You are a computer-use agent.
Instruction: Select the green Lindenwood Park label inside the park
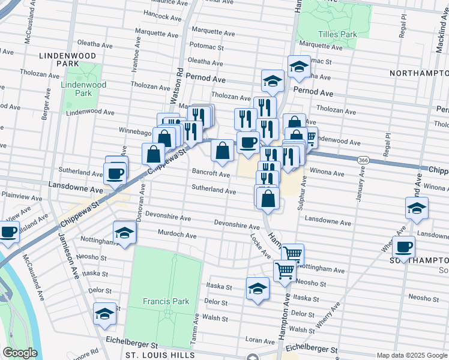[83, 89]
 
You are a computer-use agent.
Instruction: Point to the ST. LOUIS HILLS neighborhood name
[158, 355]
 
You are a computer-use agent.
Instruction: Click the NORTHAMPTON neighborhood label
[418, 73]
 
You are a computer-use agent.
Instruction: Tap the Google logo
[20, 353]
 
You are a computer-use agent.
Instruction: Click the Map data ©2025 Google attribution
[411, 355]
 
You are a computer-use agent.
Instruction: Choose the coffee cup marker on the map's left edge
[8, 232]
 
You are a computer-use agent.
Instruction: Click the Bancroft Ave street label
[211, 174]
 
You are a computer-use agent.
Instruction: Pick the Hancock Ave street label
[162, 17]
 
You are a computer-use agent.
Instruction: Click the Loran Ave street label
[260, 340]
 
